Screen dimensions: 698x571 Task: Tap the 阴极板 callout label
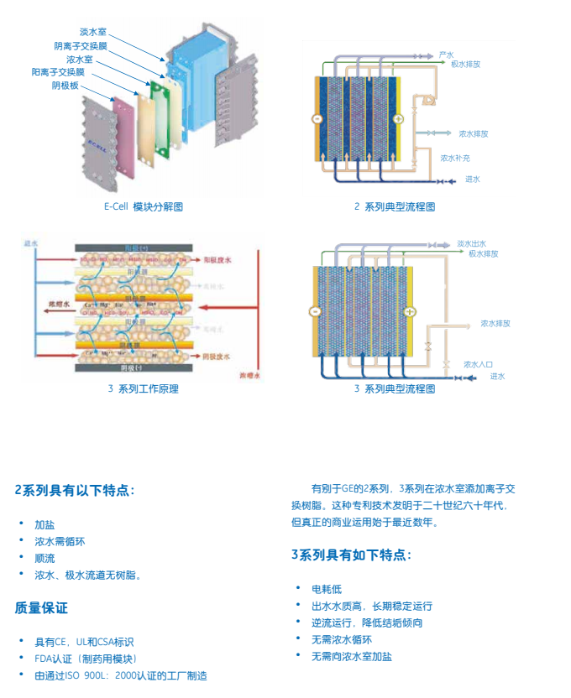click(65, 86)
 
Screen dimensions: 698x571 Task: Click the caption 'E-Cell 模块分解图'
click(144, 206)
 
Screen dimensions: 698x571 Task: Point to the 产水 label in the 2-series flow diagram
click(446, 55)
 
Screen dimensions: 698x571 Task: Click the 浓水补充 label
click(455, 157)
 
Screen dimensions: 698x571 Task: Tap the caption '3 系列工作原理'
click(144, 388)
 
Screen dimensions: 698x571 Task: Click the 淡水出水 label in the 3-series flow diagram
click(473, 243)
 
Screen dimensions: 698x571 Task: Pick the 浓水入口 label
click(479, 364)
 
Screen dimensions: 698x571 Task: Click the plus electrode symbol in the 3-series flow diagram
click(410, 312)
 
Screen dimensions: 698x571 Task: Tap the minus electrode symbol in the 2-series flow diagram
click(317, 119)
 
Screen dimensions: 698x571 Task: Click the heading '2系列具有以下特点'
click(75, 490)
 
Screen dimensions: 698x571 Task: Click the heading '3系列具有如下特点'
click(352, 555)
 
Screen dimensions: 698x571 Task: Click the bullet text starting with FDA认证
click(86, 659)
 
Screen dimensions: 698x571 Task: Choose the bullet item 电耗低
click(327, 589)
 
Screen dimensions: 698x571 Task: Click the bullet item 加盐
click(45, 524)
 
